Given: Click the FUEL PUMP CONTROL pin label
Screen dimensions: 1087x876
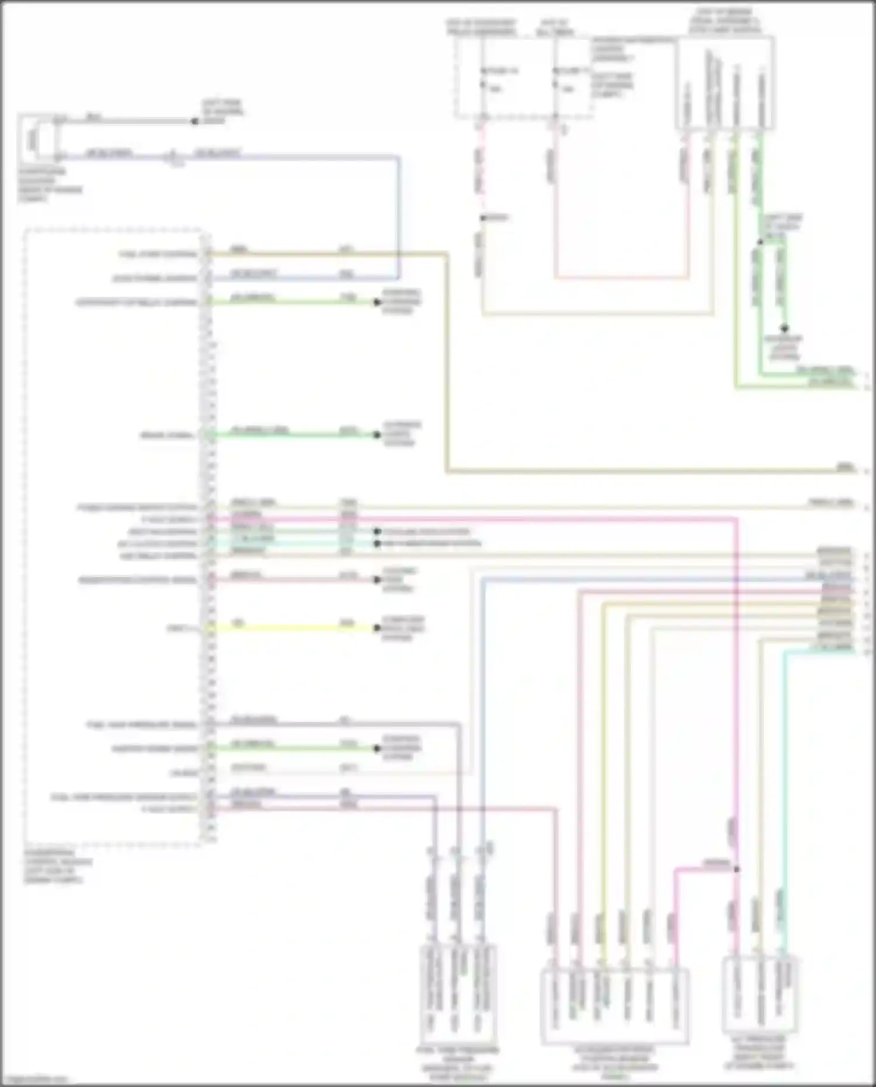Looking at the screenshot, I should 158,255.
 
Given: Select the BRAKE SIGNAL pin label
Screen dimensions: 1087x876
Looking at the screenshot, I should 167,436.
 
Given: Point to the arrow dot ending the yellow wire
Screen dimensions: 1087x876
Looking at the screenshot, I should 377,629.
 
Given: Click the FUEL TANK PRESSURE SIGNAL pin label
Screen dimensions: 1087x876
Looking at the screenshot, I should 141,725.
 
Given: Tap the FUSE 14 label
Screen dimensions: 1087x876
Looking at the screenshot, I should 501,71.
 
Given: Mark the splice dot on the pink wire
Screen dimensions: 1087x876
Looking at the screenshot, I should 737,869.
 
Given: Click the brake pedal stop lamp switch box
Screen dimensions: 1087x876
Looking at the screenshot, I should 726,83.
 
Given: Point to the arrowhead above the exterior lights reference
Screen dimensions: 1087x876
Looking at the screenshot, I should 785,329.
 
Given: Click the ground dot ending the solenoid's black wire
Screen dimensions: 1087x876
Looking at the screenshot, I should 194,121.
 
